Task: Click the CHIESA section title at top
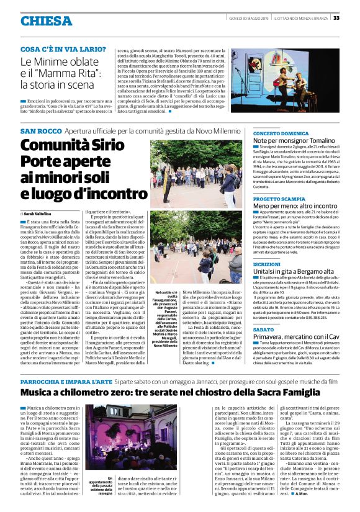coord(46,21)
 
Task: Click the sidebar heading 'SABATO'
coord(263,329)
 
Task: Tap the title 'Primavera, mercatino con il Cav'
coord(300,336)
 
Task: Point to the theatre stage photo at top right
coord(287,78)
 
